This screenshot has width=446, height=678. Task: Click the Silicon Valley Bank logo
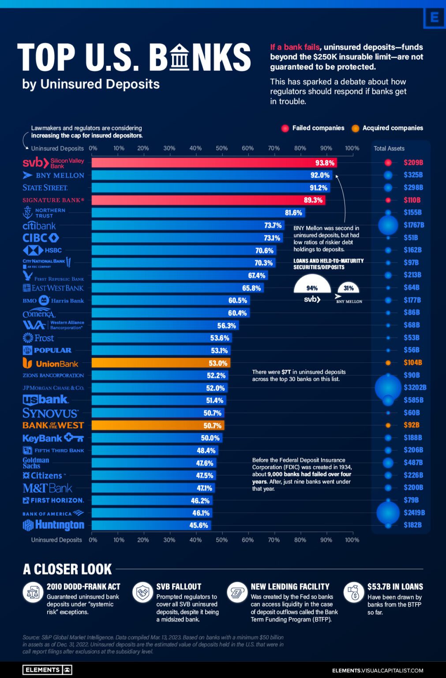coord(53,163)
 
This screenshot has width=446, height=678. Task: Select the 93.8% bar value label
coord(325,163)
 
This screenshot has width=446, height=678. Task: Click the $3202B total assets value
coord(415,388)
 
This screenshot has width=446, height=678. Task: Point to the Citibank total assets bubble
coord(388,225)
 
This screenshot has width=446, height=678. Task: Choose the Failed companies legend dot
coord(285,128)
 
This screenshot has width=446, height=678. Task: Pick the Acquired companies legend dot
coord(355,128)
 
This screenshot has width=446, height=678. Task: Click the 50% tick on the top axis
coord(221,148)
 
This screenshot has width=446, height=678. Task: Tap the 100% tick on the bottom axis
coord(352,540)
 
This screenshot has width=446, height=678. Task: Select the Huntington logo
coord(53,525)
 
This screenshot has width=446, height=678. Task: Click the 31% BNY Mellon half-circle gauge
coord(349,287)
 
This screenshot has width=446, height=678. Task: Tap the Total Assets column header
coord(389,148)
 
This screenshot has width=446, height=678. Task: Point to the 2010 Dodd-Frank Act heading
coord(83,587)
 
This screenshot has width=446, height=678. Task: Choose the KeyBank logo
coord(53,438)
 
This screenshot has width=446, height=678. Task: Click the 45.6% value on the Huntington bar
coord(199,525)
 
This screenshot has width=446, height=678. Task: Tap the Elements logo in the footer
coord(47,670)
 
